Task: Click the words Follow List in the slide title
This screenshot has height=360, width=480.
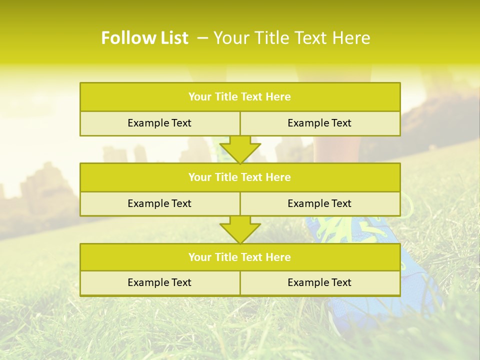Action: (144, 38)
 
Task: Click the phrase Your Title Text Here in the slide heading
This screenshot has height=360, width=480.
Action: (292, 38)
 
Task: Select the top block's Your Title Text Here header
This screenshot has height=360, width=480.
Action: (239, 97)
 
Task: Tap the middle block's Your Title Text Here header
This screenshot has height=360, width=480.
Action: (239, 177)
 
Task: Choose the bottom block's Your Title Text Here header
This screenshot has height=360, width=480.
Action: (239, 257)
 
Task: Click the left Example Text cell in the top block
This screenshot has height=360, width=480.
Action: (159, 123)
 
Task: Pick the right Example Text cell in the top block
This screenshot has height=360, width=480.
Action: (319, 123)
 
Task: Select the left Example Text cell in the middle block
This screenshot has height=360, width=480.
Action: (159, 203)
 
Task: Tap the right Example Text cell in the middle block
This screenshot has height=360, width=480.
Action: (319, 203)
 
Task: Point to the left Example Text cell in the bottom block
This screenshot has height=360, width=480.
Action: (159, 282)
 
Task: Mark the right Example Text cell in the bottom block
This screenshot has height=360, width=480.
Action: (319, 282)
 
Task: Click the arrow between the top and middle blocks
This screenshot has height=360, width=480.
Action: (240, 149)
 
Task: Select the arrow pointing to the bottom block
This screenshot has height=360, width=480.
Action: (240, 229)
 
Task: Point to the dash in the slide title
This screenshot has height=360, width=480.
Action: (202, 38)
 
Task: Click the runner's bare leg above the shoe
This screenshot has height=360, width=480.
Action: (334, 150)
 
